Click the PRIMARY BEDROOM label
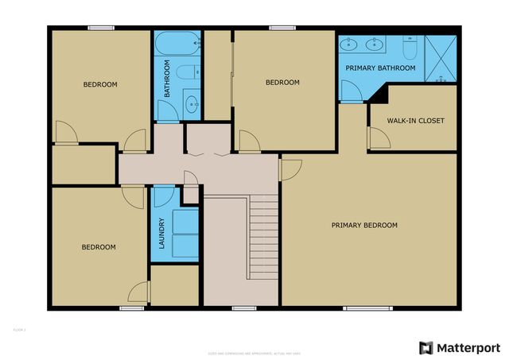pos(364,226)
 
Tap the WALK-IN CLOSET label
pos(415,121)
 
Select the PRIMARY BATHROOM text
pos(380,68)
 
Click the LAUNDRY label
pos(161,234)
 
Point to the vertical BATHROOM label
pos(167,84)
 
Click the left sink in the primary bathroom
pos(351,45)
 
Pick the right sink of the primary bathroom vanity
pos(372,45)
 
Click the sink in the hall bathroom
pos(192,103)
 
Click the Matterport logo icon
pos(426,347)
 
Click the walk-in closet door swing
pos(378,139)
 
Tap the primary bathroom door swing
pos(351,92)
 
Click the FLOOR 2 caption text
pos(20,328)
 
